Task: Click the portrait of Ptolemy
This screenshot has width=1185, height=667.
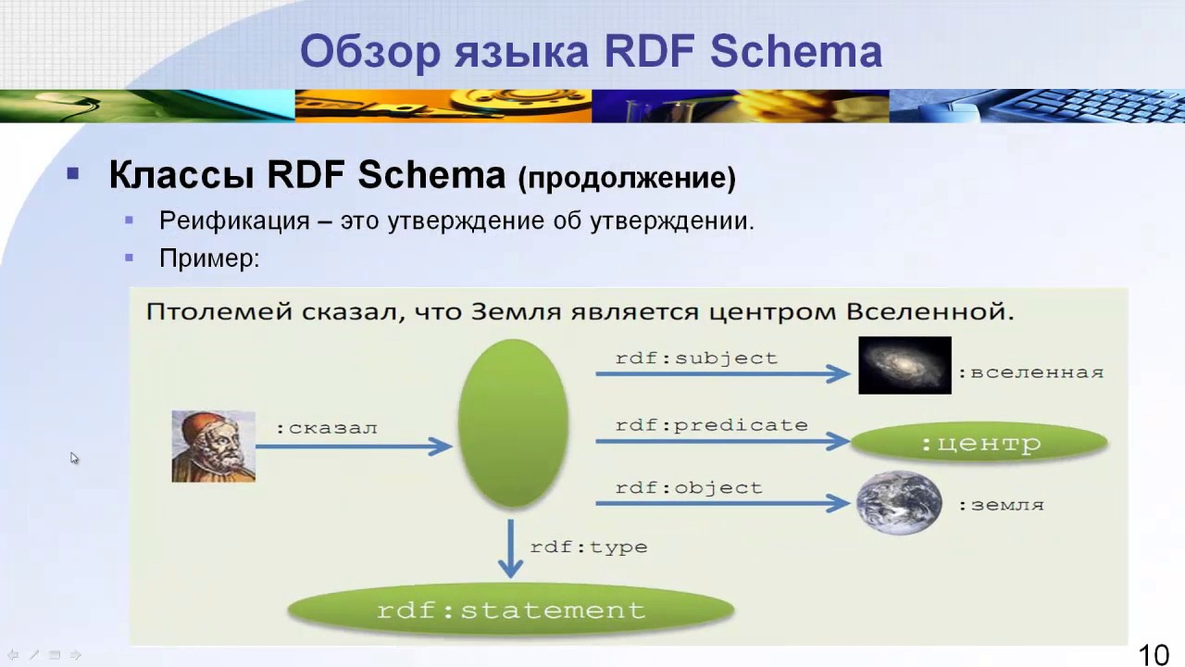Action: point(213,447)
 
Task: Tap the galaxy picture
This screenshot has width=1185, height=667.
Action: point(904,365)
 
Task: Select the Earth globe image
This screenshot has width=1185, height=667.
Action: point(898,503)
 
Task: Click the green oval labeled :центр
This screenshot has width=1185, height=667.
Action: point(979,443)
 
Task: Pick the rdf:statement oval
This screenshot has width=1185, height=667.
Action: point(511,610)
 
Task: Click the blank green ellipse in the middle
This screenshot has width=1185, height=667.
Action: point(513,423)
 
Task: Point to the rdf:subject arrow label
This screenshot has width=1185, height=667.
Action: point(696,358)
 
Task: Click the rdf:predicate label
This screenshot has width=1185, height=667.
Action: point(711,425)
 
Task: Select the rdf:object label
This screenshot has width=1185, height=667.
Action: point(689,487)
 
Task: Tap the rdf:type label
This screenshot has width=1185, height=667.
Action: point(588,547)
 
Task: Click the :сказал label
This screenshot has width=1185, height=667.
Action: point(326,428)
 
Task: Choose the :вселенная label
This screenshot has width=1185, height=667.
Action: point(1030,372)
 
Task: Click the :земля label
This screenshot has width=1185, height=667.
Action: point(1001,505)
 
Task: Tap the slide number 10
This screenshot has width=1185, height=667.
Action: point(1154,655)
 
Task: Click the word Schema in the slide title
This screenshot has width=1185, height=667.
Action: point(795,52)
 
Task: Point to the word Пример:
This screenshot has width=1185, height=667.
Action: point(209,258)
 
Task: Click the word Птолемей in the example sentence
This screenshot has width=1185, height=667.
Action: point(218,311)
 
